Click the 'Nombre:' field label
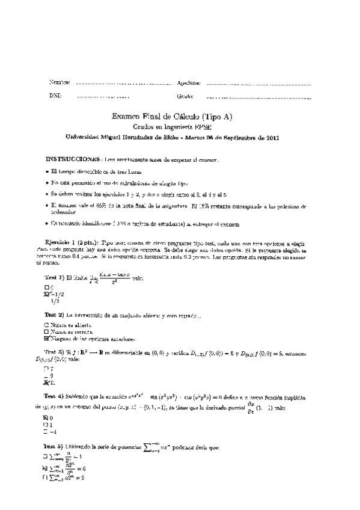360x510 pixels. tap(59, 82)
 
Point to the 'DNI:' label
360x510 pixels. tap(55, 96)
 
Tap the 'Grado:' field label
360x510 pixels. tap(185, 96)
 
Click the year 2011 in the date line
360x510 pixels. tap(270, 137)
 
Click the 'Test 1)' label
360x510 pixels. tap(55, 277)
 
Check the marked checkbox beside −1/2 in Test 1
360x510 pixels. tap(47, 294)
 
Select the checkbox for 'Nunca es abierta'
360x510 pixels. tap(47, 325)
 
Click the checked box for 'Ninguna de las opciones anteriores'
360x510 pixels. tap(47, 338)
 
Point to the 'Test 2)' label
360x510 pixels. tap(55, 315)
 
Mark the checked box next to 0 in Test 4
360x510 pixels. tap(47, 417)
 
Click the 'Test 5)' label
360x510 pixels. tap(55, 447)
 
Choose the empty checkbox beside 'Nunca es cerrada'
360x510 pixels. tap(47, 331)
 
